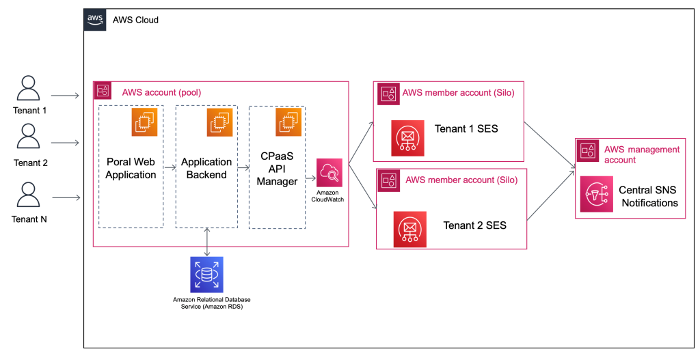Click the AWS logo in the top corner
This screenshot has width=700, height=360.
[x=95, y=20]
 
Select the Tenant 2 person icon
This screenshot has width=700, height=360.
[x=28, y=137]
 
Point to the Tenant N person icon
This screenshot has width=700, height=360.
[x=28, y=194]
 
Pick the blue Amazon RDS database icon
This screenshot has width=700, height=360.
[x=206, y=275]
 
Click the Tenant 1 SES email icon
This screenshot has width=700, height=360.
[x=408, y=137]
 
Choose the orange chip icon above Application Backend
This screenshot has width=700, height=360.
[x=220, y=122]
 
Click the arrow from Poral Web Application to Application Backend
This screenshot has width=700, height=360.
[x=170, y=166]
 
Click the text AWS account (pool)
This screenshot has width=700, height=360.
[x=161, y=92]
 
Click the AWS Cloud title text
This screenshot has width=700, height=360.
[x=135, y=20]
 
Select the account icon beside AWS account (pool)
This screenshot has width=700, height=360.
[x=103, y=90]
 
